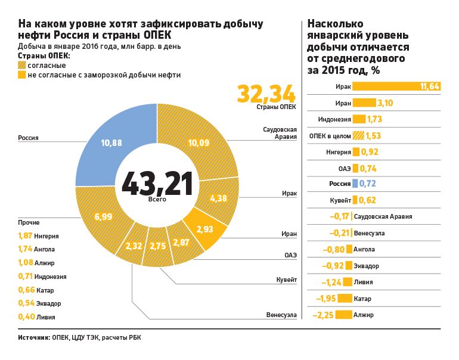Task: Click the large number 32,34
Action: click(x=266, y=94)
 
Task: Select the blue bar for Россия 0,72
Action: click(x=355, y=184)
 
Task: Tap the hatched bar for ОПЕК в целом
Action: click(x=359, y=135)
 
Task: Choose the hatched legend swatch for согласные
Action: click(x=22, y=65)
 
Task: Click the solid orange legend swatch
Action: click(x=22, y=75)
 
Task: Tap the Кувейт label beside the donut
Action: click(x=286, y=279)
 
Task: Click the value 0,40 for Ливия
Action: click(x=25, y=318)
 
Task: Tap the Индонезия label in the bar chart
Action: click(x=334, y=119)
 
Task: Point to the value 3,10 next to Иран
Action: click(x=387, y=103)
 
